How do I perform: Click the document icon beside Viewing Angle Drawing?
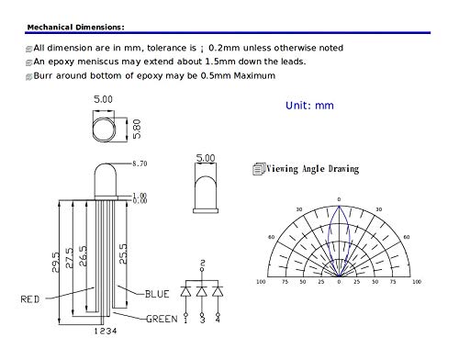(257, 169)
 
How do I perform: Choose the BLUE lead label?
(156, 294)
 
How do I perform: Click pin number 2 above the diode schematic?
(202, 264)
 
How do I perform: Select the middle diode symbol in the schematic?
(202, 291)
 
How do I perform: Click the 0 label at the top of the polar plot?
(338, 199)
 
